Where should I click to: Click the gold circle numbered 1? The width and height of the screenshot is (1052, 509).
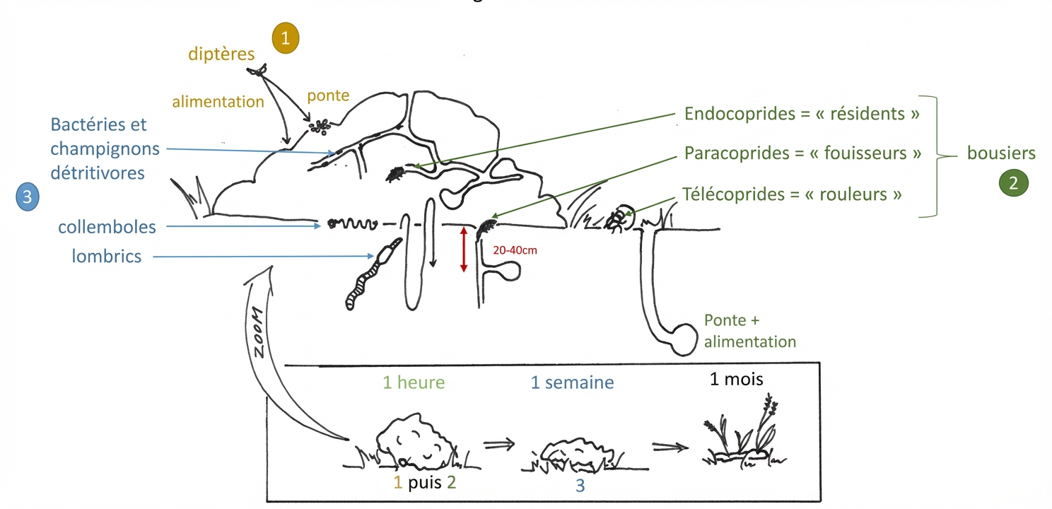point(286,39)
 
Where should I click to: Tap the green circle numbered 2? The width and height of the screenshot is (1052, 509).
point(1013,183)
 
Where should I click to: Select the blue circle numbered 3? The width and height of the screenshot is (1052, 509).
point(28,197)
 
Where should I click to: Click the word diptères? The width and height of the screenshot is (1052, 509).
point(221,54)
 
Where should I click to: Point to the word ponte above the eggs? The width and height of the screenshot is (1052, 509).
point(328,96)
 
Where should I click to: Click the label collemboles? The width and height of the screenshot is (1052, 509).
point(107,227)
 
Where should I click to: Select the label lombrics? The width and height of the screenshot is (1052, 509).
point(107,256)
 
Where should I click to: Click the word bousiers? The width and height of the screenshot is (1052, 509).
point(1000,153)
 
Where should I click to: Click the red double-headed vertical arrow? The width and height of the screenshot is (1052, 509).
point(464,249)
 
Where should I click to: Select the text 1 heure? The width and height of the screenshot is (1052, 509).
point(414,383)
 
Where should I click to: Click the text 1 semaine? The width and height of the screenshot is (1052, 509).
point(572,383)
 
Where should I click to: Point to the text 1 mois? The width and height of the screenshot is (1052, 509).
point(736,379)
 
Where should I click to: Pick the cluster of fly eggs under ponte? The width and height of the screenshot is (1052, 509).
point(320,127)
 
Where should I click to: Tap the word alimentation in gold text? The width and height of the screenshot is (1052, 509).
point(218,102)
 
